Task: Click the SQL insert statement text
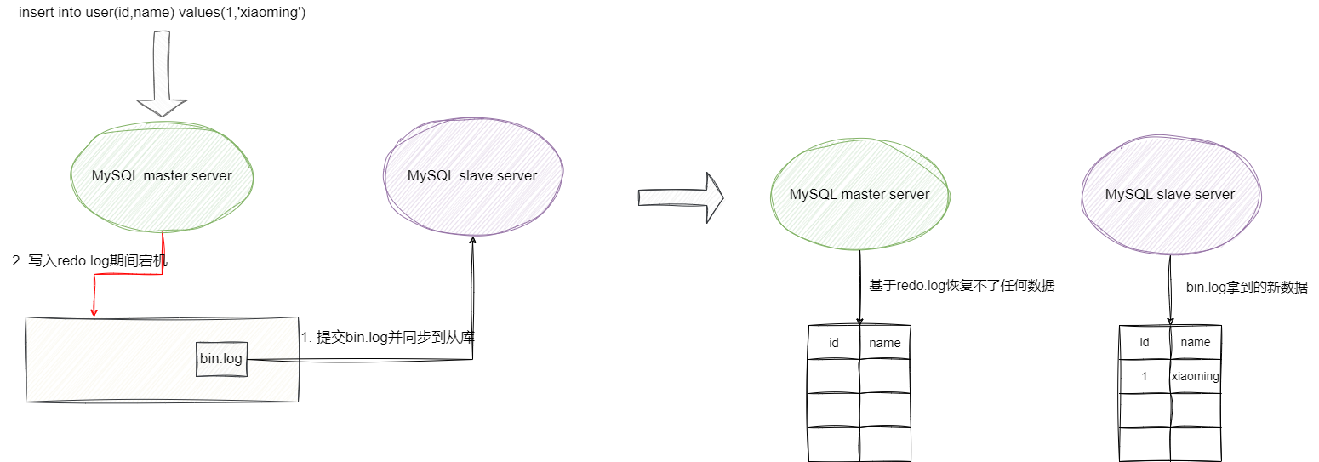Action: [162, 13]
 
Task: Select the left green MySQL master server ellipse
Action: [162, 176]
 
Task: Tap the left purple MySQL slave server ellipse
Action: [472, 175]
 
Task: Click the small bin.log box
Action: [221, 359]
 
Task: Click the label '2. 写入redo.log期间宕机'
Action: [89, 261]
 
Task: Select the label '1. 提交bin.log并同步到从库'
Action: [387, 337]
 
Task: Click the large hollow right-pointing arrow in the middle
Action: [680, 197]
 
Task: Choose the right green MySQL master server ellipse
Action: [859, 194]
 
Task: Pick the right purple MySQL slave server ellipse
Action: [1169, 194]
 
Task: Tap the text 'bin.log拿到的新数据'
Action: [1247, 288]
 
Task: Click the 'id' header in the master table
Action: [834, 343]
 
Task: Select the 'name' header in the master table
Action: [884, 343]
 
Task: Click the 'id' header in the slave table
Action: [1145, 342]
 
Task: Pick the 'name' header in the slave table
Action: [1196, 342]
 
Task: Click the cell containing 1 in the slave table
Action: [1145, 376]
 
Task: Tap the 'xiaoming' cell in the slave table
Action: [1196, 376]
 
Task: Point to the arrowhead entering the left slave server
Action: [472, 242]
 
